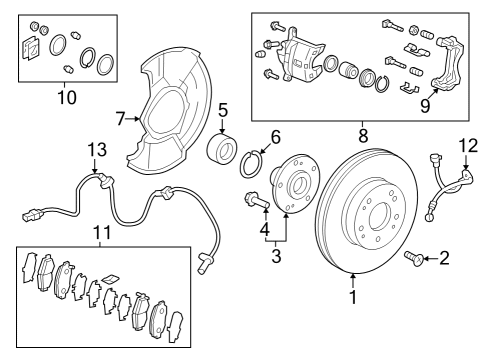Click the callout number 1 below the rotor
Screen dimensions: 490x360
click(353, 296)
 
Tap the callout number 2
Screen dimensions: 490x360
click(444, 258)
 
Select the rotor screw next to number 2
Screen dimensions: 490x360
click(414, 259)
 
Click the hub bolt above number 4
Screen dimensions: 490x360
click(256, 200)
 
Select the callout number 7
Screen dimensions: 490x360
click(121, 119)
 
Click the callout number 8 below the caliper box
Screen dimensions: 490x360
click(363, 136)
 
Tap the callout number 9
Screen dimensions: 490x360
click(425, 106)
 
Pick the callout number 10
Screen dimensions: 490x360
click(67, 97)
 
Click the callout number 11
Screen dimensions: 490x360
click(101, 232)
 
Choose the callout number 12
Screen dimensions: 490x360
click(468, 146)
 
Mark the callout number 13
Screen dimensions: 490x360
click(97, 149)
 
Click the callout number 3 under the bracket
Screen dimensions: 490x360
click(276, 256)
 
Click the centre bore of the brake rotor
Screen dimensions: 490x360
click(380, 217)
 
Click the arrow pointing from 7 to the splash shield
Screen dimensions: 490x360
click(133, 118)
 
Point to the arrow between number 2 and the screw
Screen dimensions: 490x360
click(431, 258)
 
